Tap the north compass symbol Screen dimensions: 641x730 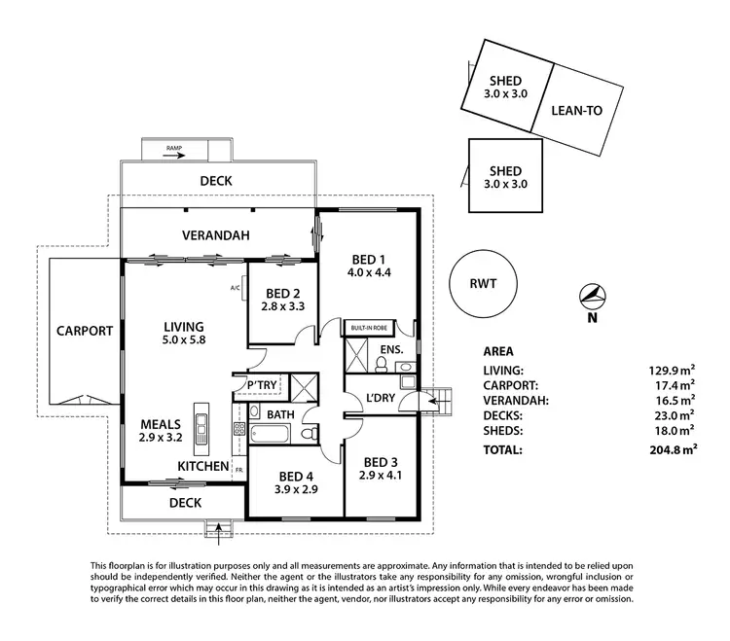tap(591, 296)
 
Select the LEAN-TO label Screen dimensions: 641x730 tap(577, 110)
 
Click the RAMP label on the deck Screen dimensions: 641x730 tap(174, 149)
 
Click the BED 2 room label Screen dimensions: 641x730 tap(282, 293)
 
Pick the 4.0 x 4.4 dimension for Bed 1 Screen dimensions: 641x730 tap(370, 273)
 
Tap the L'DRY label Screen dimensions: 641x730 tap(379, 396)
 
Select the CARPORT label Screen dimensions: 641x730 tap(84, 330)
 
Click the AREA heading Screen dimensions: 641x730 tap(498, 351)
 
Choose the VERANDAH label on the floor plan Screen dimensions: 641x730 tap(216, 235)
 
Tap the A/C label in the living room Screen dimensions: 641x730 tap(236, 288)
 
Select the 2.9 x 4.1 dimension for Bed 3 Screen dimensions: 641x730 tap(382, 477)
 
